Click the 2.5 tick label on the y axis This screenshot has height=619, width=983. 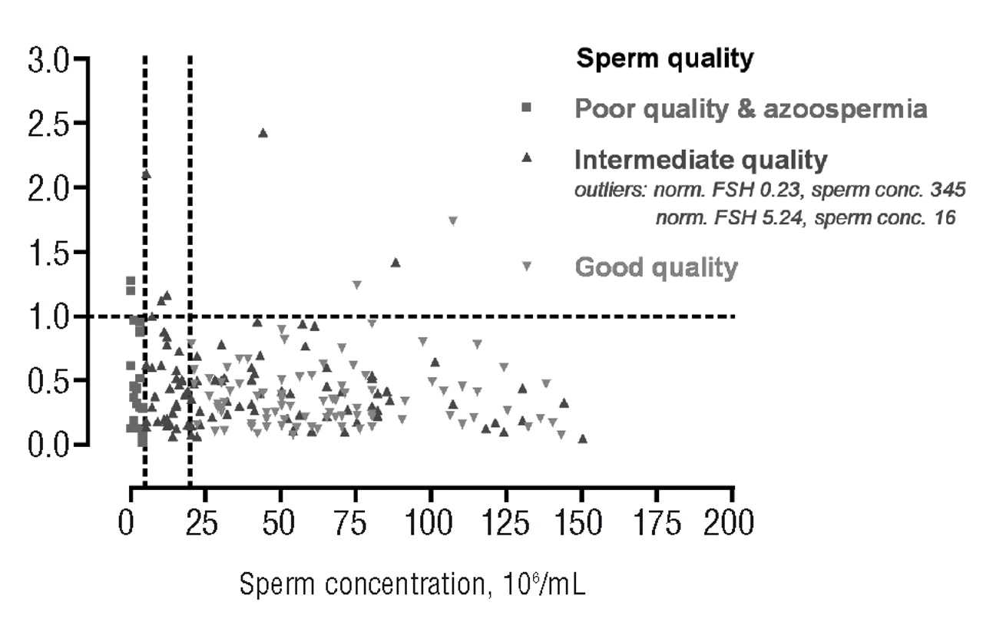[47, 124]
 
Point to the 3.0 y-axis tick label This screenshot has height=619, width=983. [47, 61]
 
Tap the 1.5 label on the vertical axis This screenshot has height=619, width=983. [47, 253]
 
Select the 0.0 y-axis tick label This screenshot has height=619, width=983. [47, 445]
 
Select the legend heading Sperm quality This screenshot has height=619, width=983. [665, 59]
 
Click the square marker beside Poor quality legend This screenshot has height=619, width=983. [527, 108]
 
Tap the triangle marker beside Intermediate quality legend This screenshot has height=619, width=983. [527, 158]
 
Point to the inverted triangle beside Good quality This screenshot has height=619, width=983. [527, 266]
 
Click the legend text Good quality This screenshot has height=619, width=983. [656, 267]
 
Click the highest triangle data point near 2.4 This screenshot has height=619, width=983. [263, 133]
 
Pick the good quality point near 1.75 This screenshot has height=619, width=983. [453, 221]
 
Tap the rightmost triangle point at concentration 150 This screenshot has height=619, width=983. [582, 439]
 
